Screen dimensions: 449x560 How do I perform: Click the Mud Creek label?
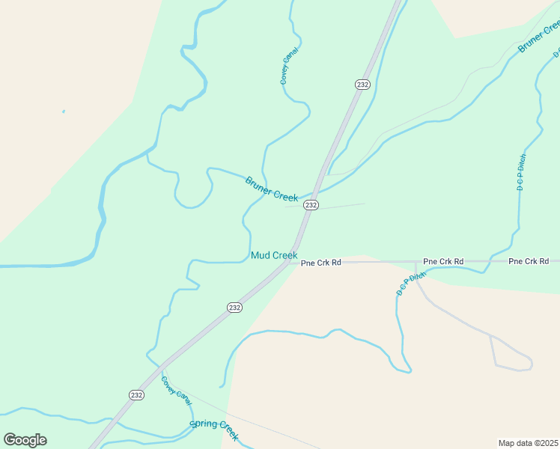coord(274,255)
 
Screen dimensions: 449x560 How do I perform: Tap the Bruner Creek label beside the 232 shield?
coord(271,189)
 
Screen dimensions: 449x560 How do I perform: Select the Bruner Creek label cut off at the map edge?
coord(540,36)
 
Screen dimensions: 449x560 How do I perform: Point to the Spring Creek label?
coord(214,429)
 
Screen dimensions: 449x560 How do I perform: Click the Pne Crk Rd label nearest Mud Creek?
coord(320,263)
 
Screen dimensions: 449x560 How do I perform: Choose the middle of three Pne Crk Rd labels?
coord(443,261)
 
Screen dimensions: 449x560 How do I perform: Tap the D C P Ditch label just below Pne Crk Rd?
coord(410,284)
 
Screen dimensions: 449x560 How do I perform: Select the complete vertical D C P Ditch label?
coord(520,172)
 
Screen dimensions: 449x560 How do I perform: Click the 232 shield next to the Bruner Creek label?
coord(311,205)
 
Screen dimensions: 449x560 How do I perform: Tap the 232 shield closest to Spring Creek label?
coord(136,395)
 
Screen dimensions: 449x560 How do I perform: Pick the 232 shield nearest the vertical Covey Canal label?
coord(362,85)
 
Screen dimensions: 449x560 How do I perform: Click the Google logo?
coord(25,440)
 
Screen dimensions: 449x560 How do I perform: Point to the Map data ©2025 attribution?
coord(529,443)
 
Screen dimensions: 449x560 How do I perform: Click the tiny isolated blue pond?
coord(64,112)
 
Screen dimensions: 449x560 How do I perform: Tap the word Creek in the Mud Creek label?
coord(284,255)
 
